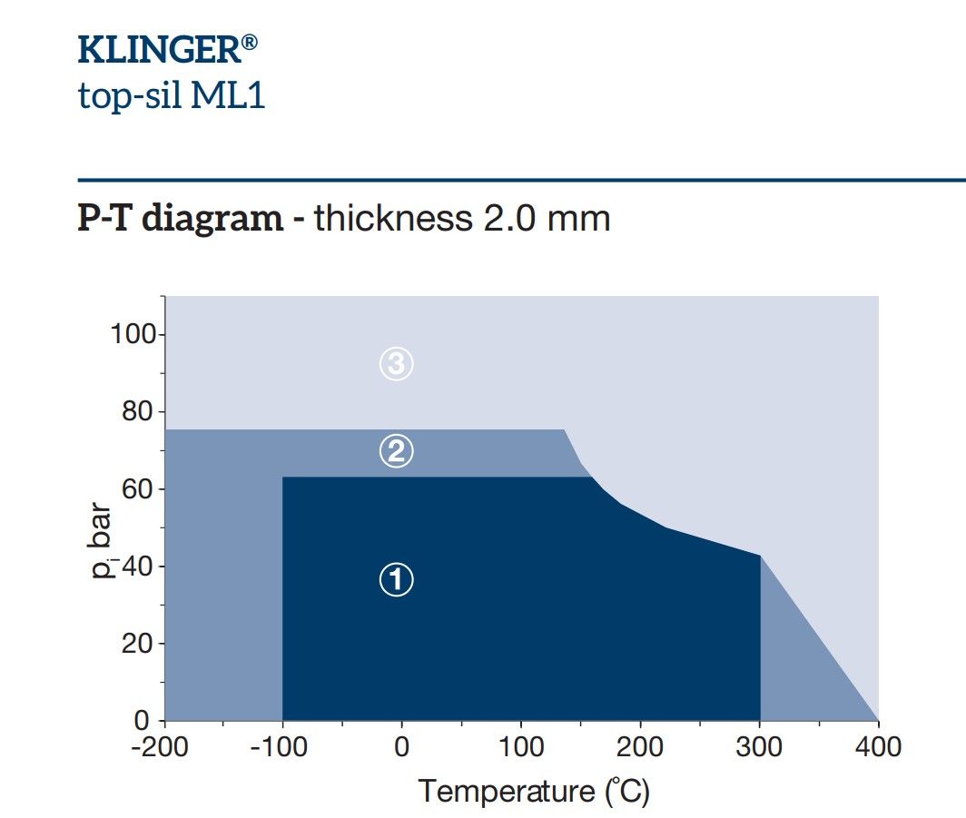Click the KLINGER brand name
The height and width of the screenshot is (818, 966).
[160, 49]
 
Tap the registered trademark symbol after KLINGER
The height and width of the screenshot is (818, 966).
[250, 42]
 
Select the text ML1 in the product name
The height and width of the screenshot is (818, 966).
[228, 95]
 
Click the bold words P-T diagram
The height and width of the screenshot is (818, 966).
[181, 218]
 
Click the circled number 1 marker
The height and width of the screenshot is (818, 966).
[396, 579]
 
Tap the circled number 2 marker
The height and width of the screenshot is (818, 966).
[396, 451]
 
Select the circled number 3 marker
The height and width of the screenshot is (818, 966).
[396, 363]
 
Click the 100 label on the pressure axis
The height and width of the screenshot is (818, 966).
[133, 334]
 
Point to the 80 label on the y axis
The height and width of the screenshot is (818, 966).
[138, 411]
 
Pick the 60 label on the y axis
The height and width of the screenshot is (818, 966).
[138, 489]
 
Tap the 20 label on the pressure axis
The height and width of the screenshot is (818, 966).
[138, 644]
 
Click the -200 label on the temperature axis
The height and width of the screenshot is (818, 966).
[160, 747]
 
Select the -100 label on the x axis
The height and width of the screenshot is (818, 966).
[279, 747]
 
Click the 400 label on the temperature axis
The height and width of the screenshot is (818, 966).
[878, 747]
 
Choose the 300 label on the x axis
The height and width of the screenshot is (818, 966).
[759, 747]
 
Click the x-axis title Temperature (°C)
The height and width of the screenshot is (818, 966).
[534, 792]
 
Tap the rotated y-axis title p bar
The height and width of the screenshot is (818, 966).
[101, 540]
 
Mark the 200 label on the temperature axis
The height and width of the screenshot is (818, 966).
[640, 747]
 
